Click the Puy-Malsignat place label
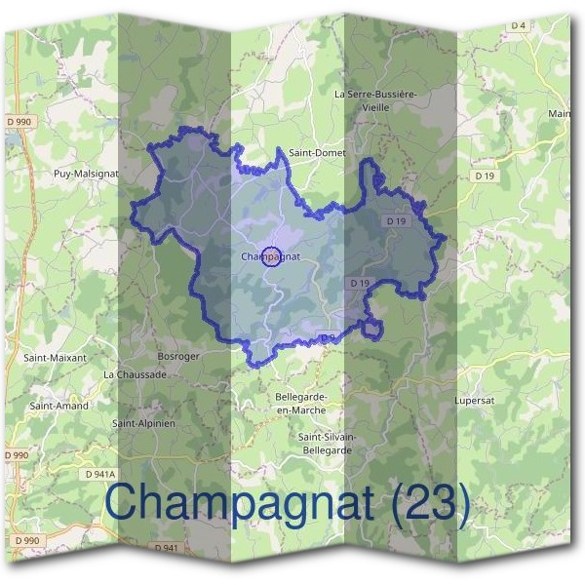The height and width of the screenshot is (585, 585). (x=86, y=175)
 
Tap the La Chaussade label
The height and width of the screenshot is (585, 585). (x=136, y=373)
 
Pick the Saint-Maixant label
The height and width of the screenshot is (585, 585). (x=55, y=358)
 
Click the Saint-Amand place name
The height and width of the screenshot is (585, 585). (x=59, y=406)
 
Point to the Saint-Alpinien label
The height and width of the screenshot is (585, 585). (x=143, y=423)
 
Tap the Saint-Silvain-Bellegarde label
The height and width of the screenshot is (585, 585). (x=328, y=444)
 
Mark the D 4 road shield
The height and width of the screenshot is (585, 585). (x=517, y=25)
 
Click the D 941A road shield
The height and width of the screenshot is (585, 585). (x=99, y=474)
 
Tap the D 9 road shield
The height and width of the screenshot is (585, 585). (x=328, y=338)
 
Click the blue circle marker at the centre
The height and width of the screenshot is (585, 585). (x=273, y=256)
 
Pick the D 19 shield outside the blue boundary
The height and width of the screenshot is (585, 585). (x=485, y=175)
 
